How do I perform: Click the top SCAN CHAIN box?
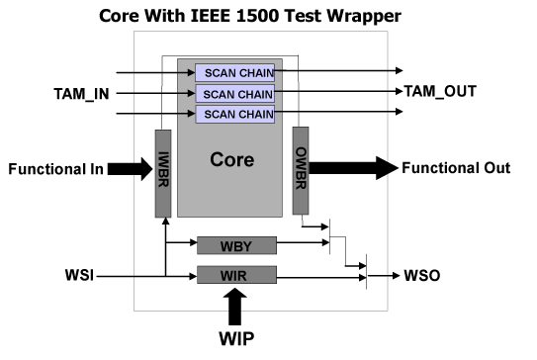coord(237,72)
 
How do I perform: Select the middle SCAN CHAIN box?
coord(237,93)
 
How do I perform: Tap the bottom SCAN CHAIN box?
coord(237,114)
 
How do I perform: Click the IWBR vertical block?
coord(163,174)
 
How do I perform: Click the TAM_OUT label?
coord(440,91)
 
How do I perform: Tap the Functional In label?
coord(55,168)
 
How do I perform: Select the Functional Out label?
coord(455,168)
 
